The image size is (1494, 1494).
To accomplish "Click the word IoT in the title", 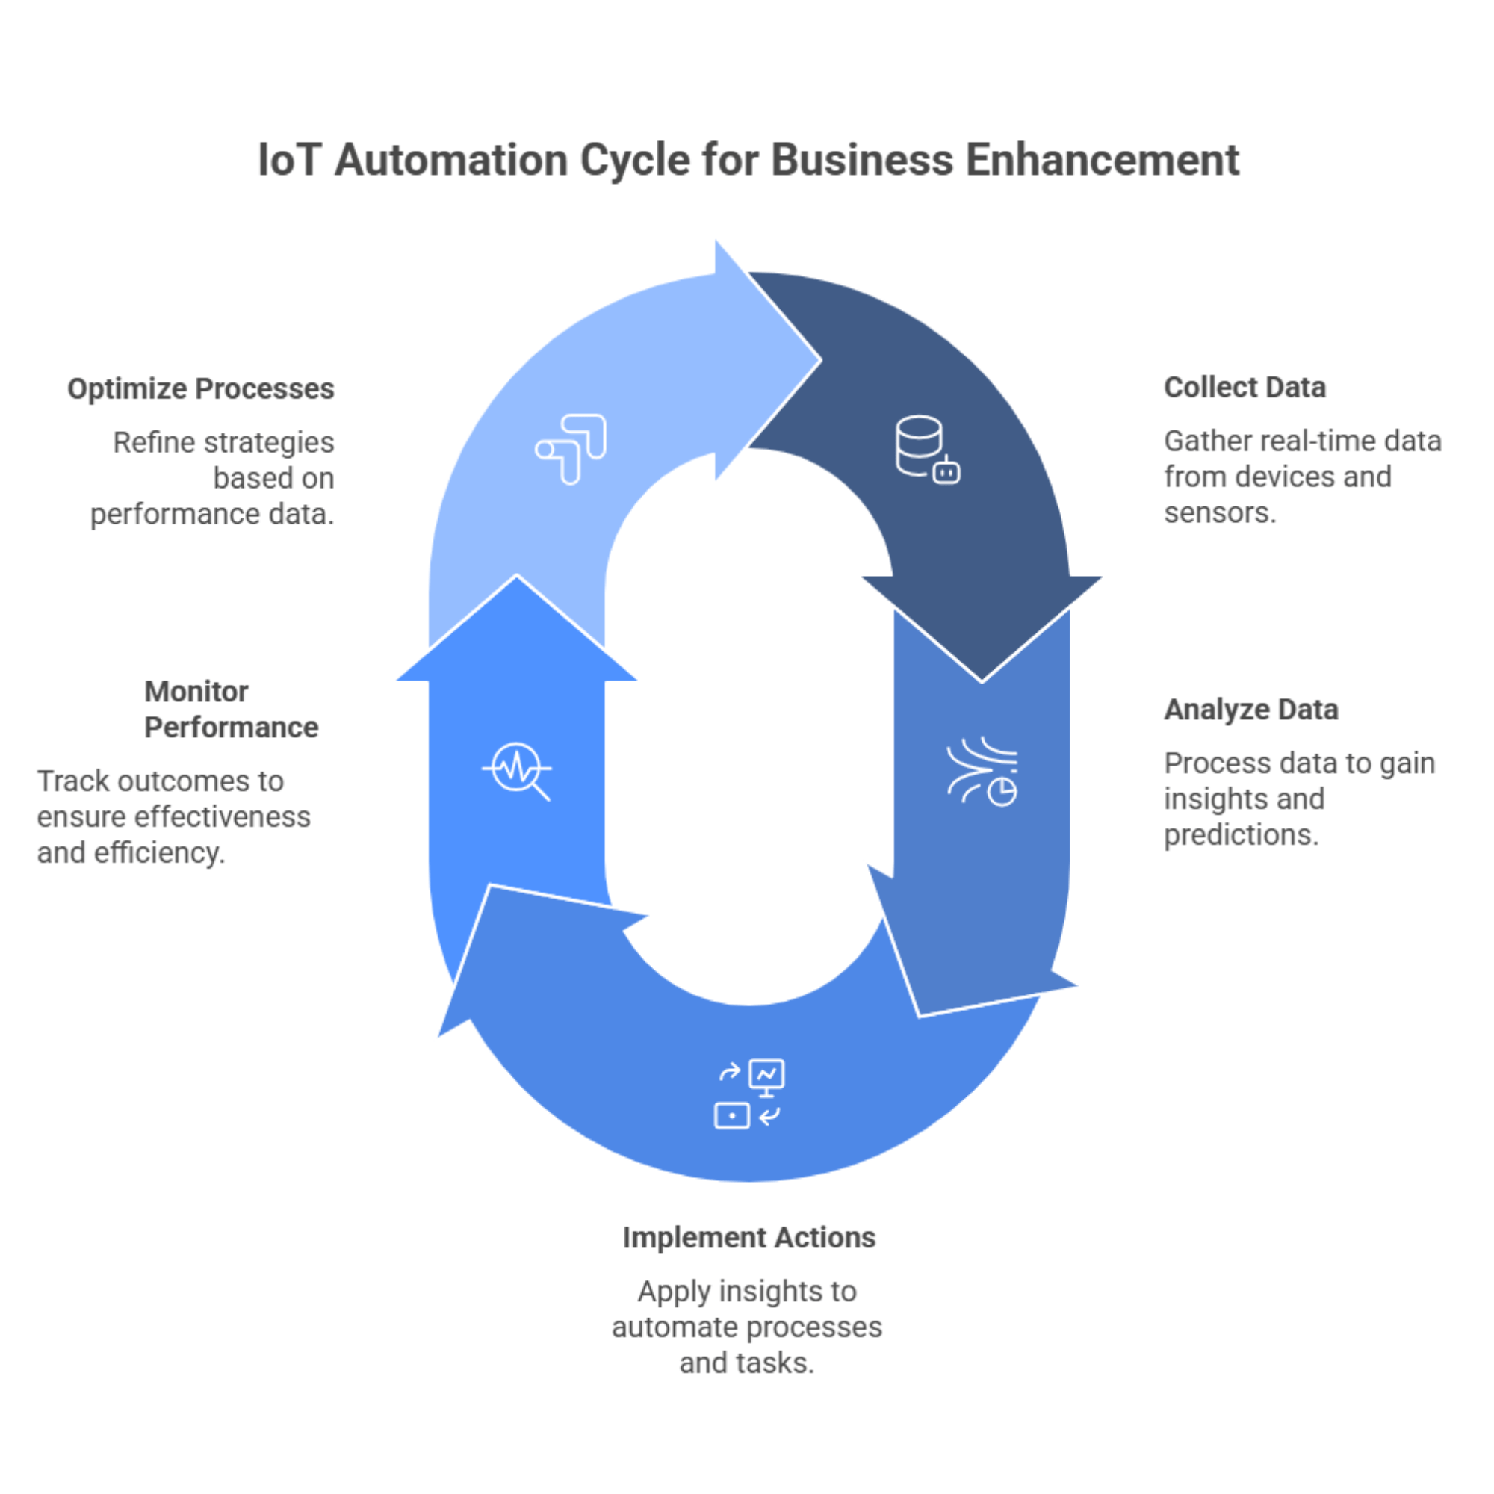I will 288,161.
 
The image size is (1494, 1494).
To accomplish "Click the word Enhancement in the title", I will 1102,161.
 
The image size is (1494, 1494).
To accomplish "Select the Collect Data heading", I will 1245,388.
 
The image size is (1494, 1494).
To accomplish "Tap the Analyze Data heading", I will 1250,709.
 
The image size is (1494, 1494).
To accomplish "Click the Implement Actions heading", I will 748,1237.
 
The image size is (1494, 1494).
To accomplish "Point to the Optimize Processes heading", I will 201,388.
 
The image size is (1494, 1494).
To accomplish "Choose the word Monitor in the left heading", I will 196,691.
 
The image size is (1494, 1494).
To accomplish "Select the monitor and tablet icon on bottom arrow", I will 748,1094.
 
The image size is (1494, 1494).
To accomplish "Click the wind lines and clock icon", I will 982,771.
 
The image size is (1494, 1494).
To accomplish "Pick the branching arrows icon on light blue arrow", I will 571,449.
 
